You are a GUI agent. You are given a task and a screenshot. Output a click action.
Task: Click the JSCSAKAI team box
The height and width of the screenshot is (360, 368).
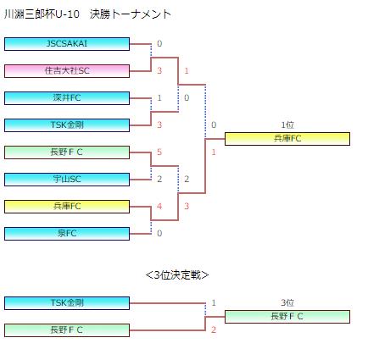(x=67, y=44)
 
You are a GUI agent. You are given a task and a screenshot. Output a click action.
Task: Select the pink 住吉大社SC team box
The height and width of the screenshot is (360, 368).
(x=67, y=71)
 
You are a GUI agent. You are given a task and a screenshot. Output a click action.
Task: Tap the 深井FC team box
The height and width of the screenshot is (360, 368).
(x=67, y=98)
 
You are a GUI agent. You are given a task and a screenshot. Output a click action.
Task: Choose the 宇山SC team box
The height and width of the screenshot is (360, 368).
(x=67, y=180)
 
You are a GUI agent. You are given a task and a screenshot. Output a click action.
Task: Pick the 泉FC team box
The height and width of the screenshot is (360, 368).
(x=67, y=234)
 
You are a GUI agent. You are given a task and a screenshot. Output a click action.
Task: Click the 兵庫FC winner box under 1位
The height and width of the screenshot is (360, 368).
(x=287, y=139)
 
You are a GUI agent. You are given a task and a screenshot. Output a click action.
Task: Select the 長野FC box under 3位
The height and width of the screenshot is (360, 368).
(x=287, y=317)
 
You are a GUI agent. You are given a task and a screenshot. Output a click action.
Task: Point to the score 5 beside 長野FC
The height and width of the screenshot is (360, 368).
(x=159, y=152)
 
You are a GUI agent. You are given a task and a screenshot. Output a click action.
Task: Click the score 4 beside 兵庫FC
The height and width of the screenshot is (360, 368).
(x=159, y=207)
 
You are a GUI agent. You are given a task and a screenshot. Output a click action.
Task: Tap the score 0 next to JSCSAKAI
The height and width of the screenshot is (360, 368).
(x=159, y=44)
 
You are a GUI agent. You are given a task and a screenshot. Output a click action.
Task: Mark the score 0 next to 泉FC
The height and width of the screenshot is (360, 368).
(x=159, y=234)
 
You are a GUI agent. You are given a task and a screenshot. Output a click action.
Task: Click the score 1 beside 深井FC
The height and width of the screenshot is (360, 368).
(x=159, y=98)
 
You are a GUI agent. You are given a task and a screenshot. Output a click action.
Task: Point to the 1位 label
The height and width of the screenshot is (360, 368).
(x=287, y=125)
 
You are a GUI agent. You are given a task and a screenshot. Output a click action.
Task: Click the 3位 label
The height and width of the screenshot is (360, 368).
(x=287, y=303)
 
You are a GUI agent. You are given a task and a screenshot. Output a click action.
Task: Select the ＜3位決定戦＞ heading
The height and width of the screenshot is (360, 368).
(x=177, y=275)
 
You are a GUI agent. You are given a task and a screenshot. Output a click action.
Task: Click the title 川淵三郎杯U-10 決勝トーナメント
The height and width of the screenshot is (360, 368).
(x=87, y=14)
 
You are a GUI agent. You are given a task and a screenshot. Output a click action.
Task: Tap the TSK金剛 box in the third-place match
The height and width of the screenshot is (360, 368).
(x=67, y=303)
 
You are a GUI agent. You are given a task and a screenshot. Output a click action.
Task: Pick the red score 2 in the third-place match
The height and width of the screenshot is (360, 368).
(x=214, y=330)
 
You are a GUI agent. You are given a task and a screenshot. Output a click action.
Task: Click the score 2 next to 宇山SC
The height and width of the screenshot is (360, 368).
(x=159, y=180)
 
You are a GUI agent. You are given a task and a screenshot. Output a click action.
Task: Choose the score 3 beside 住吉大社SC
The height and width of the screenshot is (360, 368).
(x=159, y=71)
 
